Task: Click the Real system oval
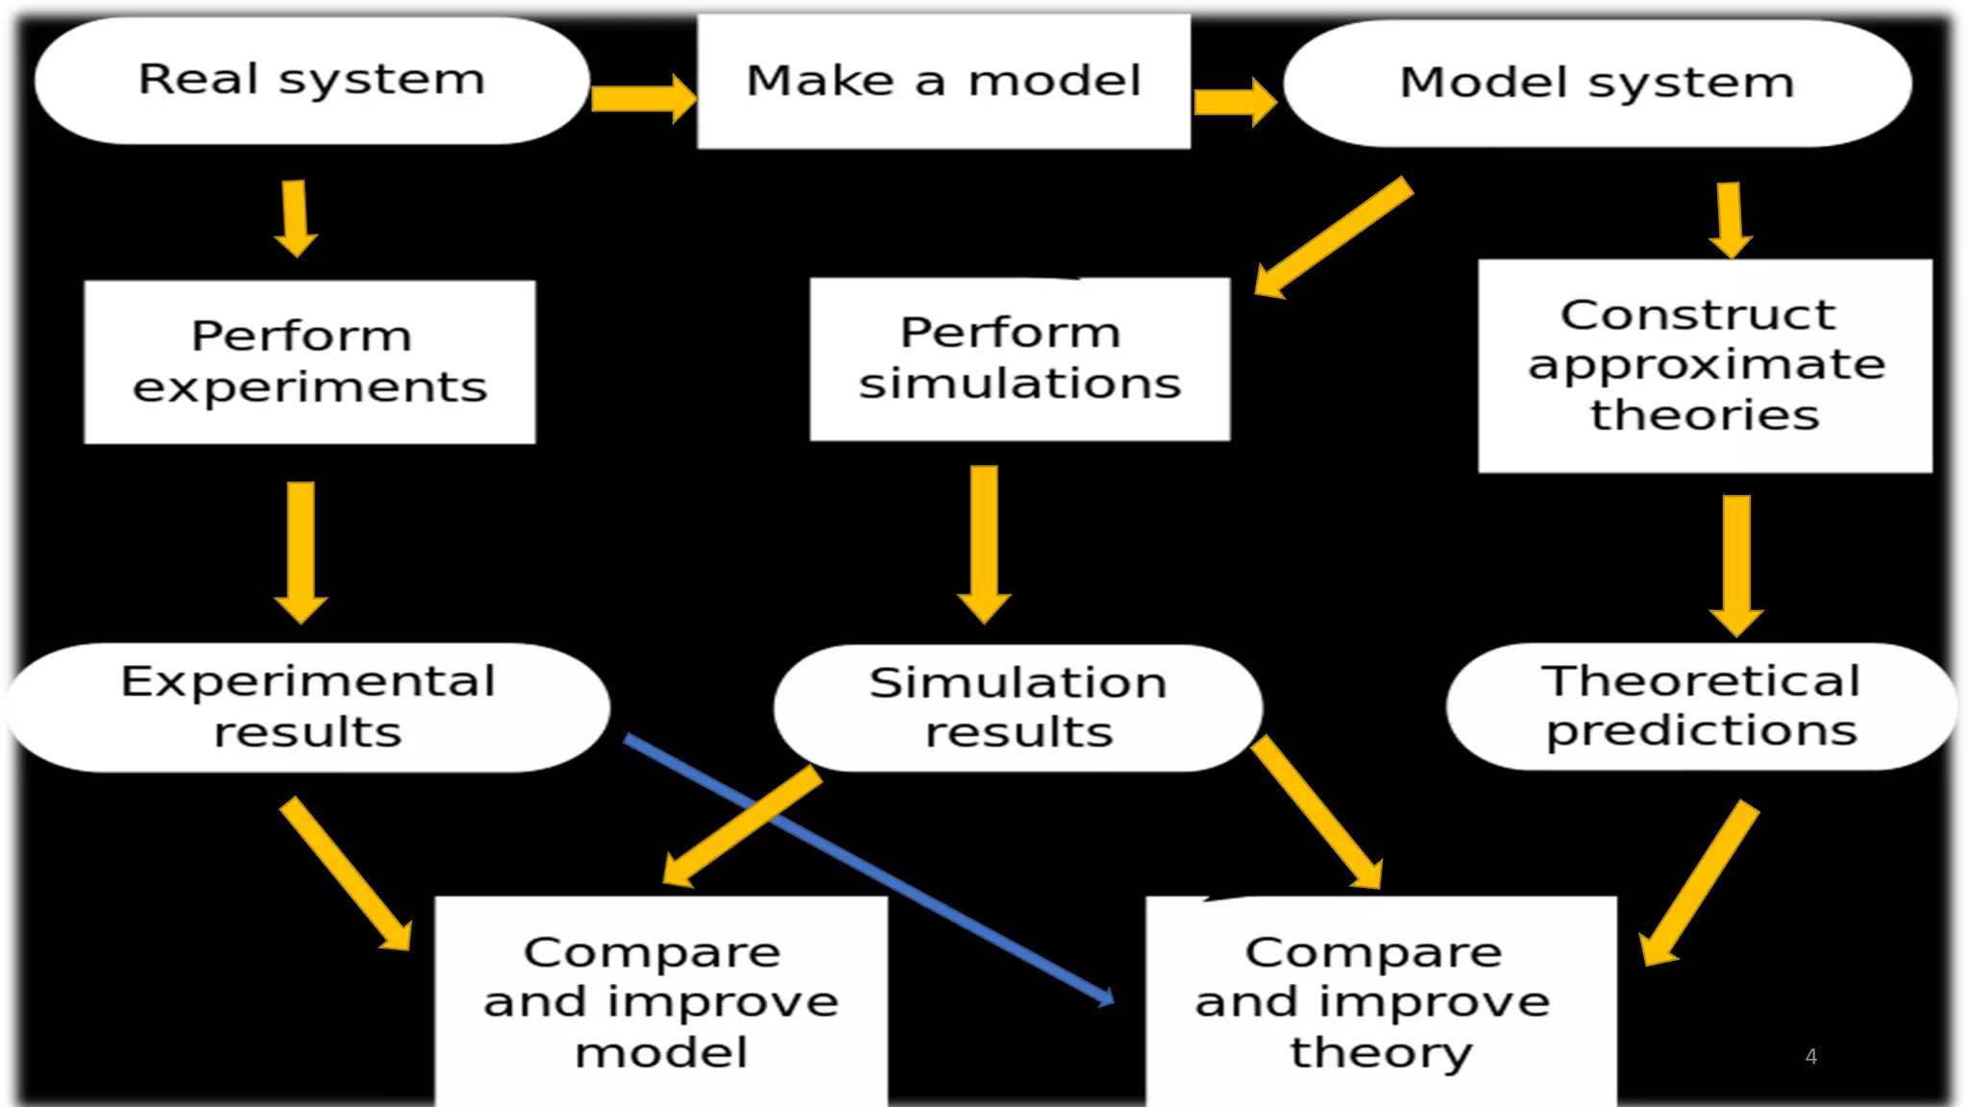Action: (311, 81)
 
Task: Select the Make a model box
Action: (944, 82)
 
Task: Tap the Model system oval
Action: (1597, 84)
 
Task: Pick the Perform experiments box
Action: (309, 361)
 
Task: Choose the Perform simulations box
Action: (1020, 358)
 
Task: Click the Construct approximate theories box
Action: (1705, 365)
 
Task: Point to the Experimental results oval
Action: (307, 707)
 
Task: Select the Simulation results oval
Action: (1018, 708)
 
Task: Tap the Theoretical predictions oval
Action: (1701, 706)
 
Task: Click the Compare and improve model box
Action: (661, 1001)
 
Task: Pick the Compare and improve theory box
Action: (1381, 1001)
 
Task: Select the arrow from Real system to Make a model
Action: (642, 98)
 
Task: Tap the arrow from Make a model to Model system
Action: (1234, 101)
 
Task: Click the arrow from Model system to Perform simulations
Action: (1334, 237)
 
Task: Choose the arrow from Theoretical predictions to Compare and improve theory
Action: (1699, 882)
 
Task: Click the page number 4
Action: (1811, 1057)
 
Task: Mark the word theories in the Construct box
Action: (1705, 415)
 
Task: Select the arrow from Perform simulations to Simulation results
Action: (984, 543)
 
